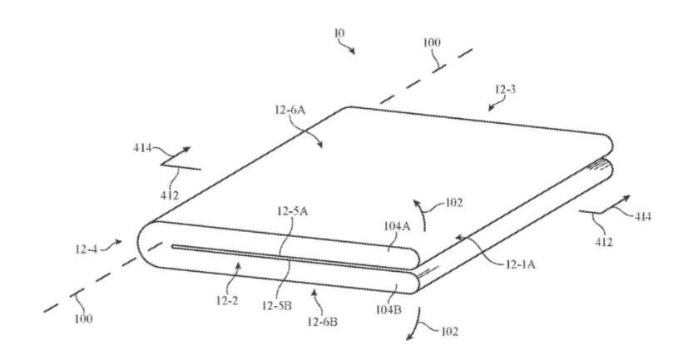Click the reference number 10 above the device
click(x=339, y=33)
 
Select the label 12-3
click(x=505, y=90)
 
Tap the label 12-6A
click(x=290, y=110)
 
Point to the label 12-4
click(x=86, y=249)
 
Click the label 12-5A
click(x=292, y=211)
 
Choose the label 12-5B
click(x=277, y=306)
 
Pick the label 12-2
click(x=227, y=300)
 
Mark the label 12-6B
click(x=323, y=322)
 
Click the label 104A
click(x=397, y=226)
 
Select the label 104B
click(x=388, y=309)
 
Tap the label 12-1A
click(x=520, y=264)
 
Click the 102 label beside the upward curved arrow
click(x=453, y=202)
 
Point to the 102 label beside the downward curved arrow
click(x=449, y=332)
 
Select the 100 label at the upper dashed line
click(x=432, y=42)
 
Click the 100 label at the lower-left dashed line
click(x=83, y=319)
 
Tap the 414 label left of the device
click(x=142, y=148)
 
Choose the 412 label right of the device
click(x=604, y=242)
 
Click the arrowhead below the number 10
click(x=352, y=51)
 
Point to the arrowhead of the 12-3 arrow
click(x=491, y=107)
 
